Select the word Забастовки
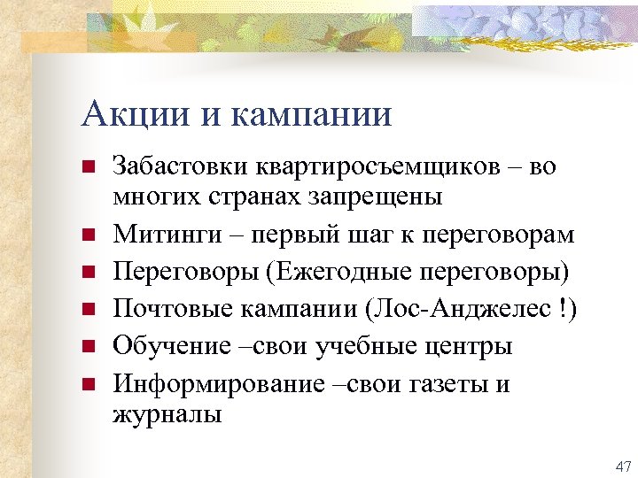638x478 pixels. (182, 167)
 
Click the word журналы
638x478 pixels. (167, 413)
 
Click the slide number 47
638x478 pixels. (622, 466)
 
